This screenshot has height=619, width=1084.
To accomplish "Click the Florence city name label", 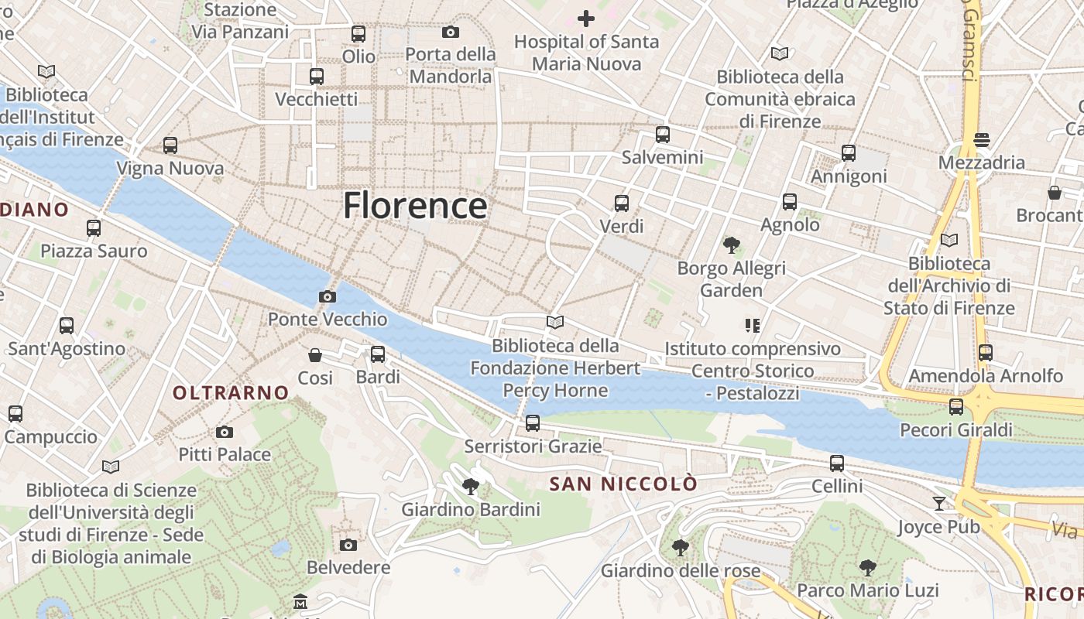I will tap(415, 206).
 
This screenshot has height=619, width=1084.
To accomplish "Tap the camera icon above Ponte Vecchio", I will tap(328, 296).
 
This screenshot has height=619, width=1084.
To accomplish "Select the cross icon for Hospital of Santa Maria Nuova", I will tap(586, 18).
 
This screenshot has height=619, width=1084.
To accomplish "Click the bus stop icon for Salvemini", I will tap(662, 134).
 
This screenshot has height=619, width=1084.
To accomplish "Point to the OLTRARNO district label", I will tap(231, 393).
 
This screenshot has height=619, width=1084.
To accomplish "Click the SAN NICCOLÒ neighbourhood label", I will tap(623, 484).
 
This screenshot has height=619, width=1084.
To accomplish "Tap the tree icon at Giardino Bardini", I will tap(470, 487).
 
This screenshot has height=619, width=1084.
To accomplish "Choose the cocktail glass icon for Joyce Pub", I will tap(939, 504).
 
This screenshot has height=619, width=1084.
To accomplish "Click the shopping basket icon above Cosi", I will tap(315, 355).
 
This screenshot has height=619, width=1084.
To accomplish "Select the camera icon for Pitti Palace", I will tap(225, 432).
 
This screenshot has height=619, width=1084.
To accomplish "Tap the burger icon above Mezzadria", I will tap(982, 140).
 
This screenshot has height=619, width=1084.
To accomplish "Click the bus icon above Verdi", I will tap(622, 203).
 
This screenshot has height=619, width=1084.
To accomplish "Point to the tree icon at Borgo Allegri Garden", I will tap(731, 245).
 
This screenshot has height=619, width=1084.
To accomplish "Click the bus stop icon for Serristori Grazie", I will tap(533, 423).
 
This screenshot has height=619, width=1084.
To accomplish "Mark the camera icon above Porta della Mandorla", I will tap(451, 32).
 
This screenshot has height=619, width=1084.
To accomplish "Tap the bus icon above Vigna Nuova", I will tap(170, 145).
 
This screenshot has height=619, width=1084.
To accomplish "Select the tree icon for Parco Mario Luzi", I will tap(867, 568).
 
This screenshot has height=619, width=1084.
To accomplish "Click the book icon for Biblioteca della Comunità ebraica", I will tap(780, 53).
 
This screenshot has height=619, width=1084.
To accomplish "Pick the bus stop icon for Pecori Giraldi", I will tap(956, 407).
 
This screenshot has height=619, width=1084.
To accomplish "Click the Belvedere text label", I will tap(348, 568).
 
